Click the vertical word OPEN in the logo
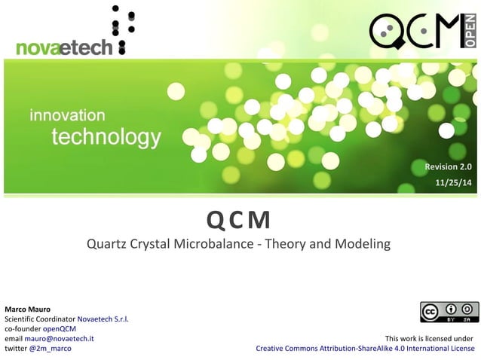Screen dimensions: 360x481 (470, 32)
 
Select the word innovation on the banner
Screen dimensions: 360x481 (67, 115)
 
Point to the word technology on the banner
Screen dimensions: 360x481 (106, 137)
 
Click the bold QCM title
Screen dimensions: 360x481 (239, 221)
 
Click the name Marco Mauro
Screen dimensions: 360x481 (28, 310)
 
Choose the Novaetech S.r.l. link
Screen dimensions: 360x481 (105, 319)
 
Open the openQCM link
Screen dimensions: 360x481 (60, 329)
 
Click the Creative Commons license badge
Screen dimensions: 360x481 (449, 312)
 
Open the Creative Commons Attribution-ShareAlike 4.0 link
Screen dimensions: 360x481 (366, 349)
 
